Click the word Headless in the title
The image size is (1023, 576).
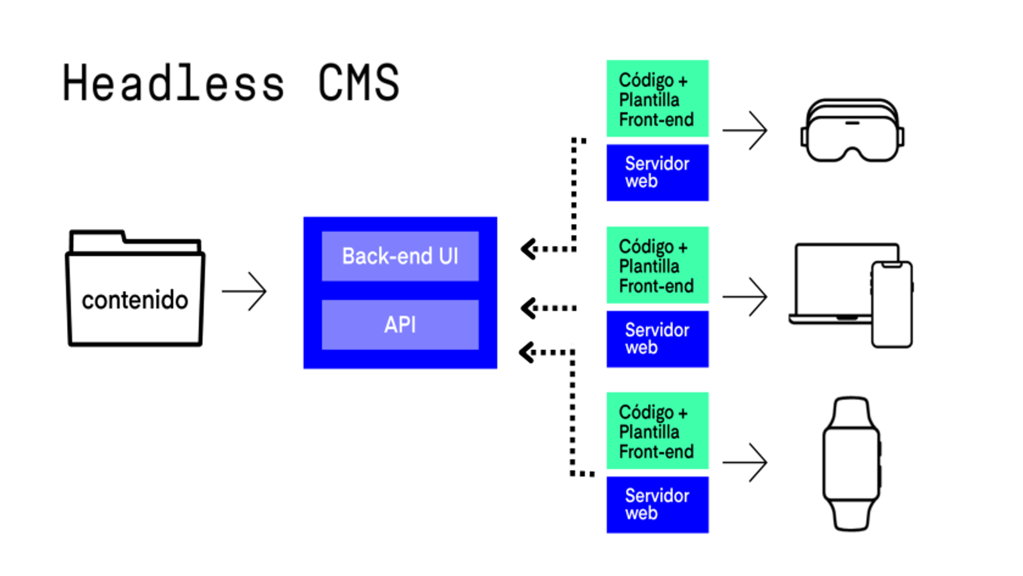click(x=173, y=83)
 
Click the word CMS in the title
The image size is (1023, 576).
click(x=358, y=83)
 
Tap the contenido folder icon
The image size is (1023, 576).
click(x=135, y=291)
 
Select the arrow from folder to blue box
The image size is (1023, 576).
click(x=245, y=292)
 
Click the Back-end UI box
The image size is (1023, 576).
click(x=400, y=256)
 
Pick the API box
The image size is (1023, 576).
click(x=400, y=324)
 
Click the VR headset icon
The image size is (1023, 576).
click(x=851, y=131)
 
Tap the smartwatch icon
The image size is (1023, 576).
click(x=851, y=463)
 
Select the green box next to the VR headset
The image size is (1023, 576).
click(x=657, y=99)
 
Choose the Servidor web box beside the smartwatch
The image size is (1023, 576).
click(x=657, y=504)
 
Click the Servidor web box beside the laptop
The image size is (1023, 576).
click(x=657, y=339)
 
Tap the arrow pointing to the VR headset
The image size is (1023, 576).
click(x=745, y=131)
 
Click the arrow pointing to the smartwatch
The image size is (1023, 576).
click(x=745, y=462)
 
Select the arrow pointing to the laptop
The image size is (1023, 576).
click(x=745, y=296)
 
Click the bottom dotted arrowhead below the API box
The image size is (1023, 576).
click(x=527, y=352)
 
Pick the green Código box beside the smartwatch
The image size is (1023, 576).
click(x=657, y=431)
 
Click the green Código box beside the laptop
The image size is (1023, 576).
click(x=657, y=265)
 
